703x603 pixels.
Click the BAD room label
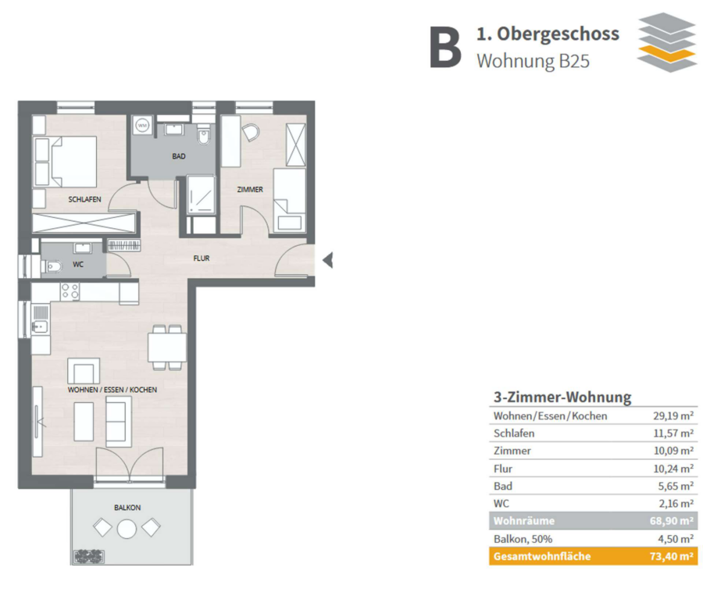click(178, 156)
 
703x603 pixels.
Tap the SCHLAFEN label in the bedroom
click(84, 199)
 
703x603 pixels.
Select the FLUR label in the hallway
click(202, 259)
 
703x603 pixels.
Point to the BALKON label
click(127, 508)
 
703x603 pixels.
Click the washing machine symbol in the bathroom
click(143, 125)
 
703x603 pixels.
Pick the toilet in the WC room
click(52, 267)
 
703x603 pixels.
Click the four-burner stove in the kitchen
click(70, 291)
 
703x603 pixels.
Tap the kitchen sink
click(40, 326)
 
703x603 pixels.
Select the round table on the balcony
click(127, 529)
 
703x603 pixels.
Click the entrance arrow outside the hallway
click(328, 260)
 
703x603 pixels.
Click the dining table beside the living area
click(167, 347)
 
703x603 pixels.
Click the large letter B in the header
click(445, 47)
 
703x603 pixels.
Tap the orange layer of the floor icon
click(667, 53)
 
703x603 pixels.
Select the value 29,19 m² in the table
click(673, 416)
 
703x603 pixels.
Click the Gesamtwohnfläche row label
click(542, 556)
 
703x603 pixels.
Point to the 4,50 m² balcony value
click(676, 539)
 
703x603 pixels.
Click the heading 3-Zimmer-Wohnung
click(562, 398)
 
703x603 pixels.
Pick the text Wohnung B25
click(533, 62)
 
